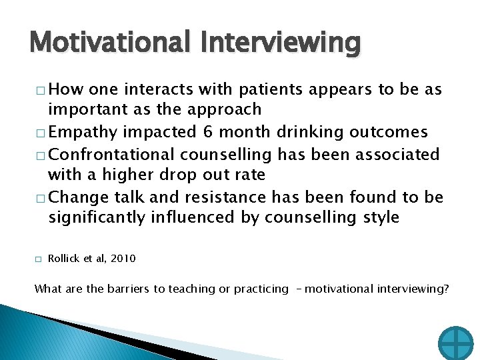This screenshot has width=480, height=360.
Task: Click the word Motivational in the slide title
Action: tap(101, 43)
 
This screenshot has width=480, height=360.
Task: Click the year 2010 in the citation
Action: tap(122, 258)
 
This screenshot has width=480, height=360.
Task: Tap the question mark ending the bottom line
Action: tap(445, 289)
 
